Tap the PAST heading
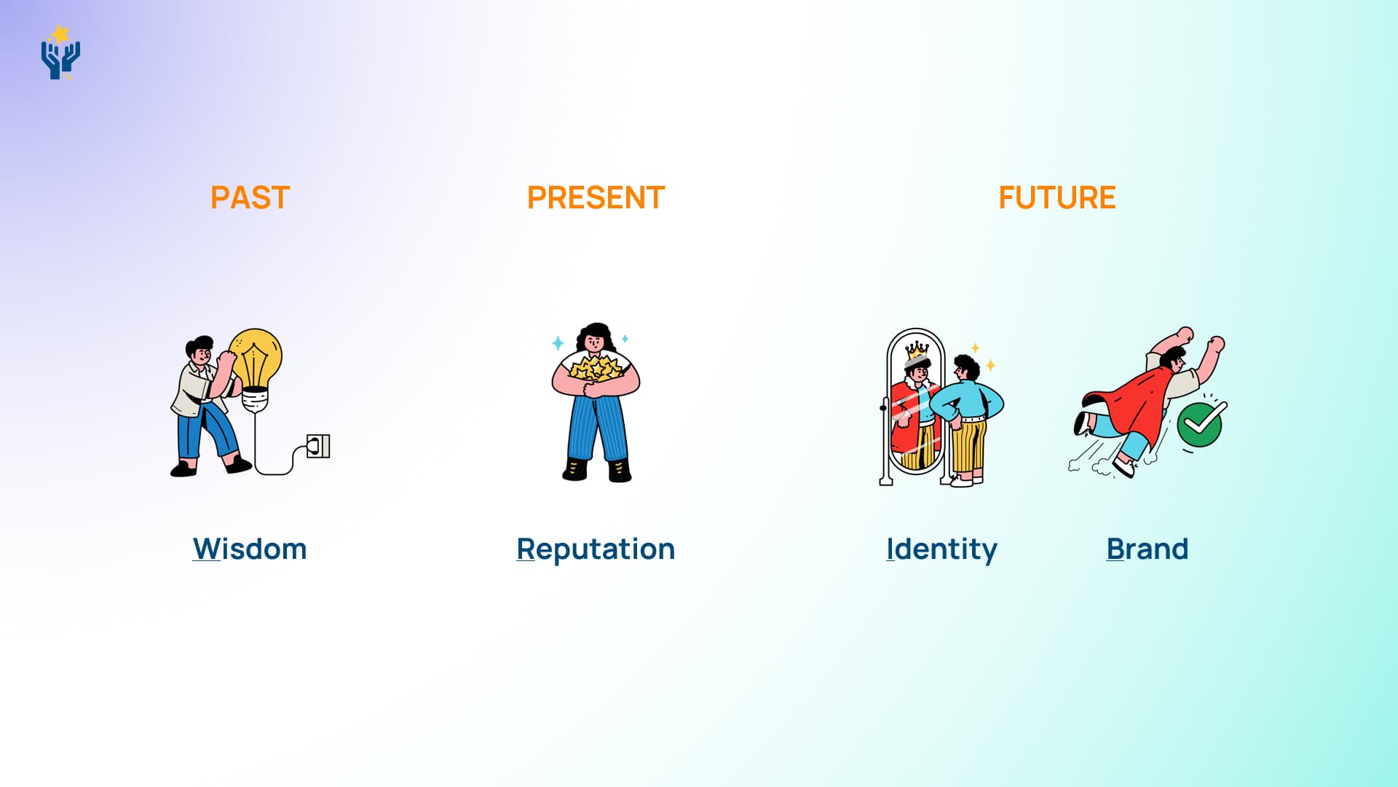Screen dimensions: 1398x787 [250, 197]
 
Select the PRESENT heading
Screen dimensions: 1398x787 [596, 197]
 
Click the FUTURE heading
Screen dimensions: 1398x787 [1057, 197]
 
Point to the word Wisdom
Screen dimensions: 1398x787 [250, 549]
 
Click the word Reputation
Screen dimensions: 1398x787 [596, 549]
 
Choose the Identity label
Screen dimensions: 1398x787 [941, 549]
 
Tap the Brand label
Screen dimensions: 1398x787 [1147, 549]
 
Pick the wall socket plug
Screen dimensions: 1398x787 [318, 446]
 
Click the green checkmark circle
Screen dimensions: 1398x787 [1199, 424]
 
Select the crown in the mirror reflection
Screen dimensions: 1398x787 [917, 351]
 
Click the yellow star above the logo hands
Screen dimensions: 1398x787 [60, 34]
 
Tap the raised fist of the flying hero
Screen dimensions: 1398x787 [1217, 343]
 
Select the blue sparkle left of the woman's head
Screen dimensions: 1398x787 [558, 342]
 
